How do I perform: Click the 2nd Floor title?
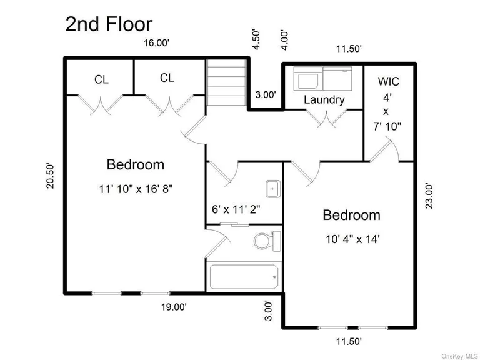[x=109, y=24]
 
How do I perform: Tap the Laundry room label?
[x=324, y=100]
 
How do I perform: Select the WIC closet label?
[x=388, y=82]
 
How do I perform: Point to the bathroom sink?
[x=273, y=187]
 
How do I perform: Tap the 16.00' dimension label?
[x=156, y=43]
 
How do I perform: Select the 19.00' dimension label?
[x=173, y=307]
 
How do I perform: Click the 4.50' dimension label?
[x=256, y=38]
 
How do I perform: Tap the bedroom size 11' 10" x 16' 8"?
[x=135, y=188]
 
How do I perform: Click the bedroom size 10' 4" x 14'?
[x=351, y=238]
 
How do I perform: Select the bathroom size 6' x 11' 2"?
[x=237, y=210]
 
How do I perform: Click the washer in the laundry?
[x=307, y=81]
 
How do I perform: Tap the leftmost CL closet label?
[x=101, y=79]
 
